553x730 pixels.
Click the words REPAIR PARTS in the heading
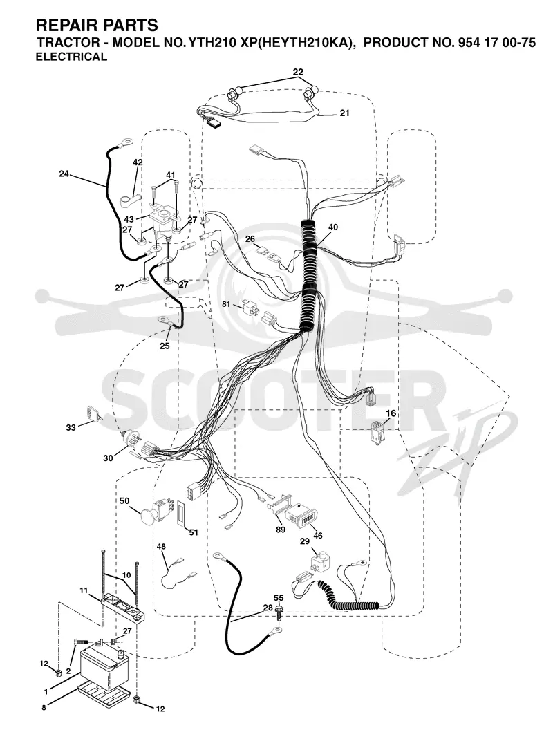[97, 25]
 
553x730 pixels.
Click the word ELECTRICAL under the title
[72, 57]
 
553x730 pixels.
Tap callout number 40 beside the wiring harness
[332, 227]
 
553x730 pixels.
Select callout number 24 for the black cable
[64, 174]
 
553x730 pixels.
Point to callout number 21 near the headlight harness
[344, 113]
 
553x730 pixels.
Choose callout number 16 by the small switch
[391, 413]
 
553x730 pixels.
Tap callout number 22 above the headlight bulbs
[298, 72]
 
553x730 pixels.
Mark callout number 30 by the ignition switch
[108, 458]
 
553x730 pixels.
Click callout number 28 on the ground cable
[268, 608]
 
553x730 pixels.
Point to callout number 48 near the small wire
[161, 546]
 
